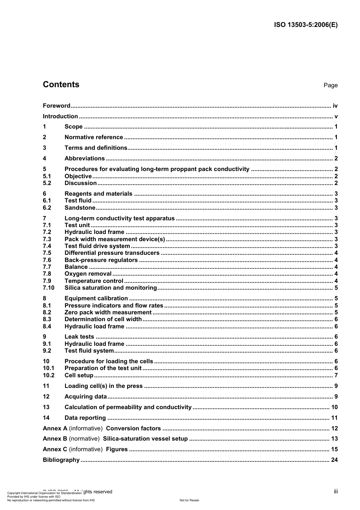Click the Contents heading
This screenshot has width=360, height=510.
61,85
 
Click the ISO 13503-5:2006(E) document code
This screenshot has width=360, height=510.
305,25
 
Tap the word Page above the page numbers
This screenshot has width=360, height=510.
330,85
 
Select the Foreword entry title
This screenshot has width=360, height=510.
56,106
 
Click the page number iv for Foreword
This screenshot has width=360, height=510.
335,106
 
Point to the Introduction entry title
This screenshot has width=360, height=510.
60,116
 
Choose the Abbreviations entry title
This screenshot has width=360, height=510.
85,158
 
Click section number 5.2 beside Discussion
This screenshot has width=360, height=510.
47,183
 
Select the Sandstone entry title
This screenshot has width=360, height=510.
80,208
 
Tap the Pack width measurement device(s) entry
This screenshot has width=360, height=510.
115,239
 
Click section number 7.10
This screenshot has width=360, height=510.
49,288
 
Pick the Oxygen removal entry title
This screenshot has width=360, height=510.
88,274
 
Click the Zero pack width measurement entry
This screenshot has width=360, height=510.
108,312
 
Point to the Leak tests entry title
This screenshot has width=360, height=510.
79,337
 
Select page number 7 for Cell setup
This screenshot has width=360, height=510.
336,375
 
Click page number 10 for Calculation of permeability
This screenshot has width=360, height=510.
334,407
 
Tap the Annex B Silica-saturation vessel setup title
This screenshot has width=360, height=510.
145,439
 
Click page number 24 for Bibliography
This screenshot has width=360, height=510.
334,460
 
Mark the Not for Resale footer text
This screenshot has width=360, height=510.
189,500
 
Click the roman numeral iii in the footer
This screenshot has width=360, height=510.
336,491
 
